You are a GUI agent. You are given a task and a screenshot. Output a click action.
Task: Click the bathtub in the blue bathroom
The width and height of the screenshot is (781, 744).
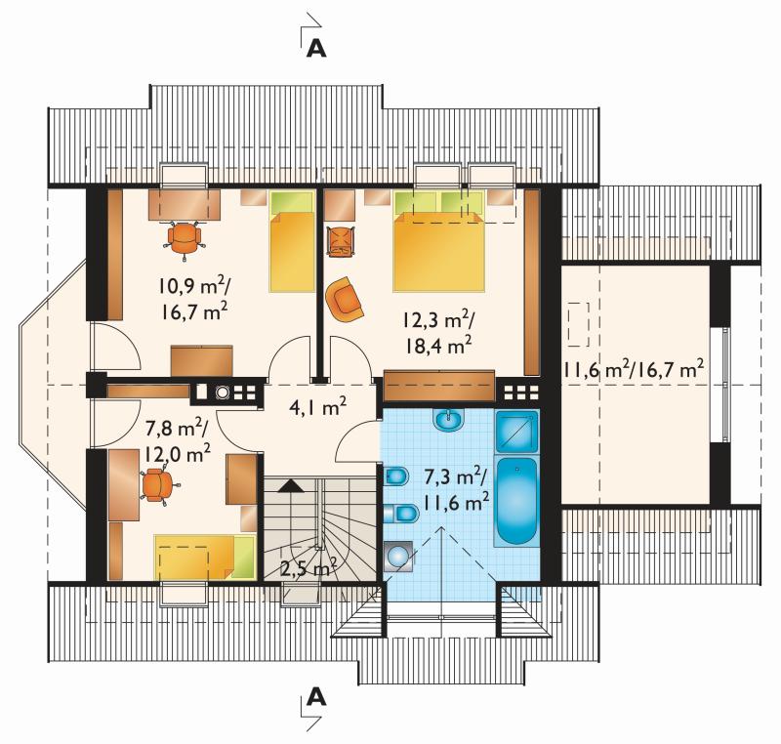click(x=517, y=501)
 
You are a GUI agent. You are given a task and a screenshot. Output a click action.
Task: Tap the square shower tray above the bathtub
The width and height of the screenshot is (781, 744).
click(x=516, y=432)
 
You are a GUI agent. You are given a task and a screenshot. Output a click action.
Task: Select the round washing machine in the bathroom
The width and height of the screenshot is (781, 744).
click(x=398, y=556)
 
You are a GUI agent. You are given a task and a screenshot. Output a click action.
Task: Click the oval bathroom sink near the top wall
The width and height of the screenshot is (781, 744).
click(x=449, y=420)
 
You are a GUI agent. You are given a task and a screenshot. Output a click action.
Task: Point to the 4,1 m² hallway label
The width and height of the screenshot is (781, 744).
click(x=318, y=408)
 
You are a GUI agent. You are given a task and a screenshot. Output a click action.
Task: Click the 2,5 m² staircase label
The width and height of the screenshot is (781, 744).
click(x=308, y=567)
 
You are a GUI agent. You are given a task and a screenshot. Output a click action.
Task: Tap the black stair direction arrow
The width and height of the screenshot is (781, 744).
click(x=291, y=485)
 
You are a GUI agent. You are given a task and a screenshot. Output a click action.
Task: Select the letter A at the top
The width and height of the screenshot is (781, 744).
click(x=316, y=48)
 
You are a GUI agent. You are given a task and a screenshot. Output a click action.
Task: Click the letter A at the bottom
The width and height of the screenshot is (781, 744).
click(x=316, y=697)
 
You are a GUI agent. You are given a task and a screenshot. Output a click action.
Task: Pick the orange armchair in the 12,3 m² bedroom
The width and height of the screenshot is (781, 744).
click(x=345, y=300)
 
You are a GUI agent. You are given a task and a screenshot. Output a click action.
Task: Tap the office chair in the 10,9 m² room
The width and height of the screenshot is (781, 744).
click(x=185, y=238)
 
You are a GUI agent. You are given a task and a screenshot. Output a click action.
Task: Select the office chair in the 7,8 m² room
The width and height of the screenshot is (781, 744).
click(x=158, y=484)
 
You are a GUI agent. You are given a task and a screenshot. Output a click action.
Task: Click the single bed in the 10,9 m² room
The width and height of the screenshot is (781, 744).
click(x=292, y=240)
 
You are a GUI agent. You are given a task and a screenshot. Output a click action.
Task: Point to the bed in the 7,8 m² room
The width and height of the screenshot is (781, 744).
click(x=205, y=557)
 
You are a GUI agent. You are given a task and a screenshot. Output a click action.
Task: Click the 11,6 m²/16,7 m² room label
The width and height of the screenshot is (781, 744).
click(x=633, y=370)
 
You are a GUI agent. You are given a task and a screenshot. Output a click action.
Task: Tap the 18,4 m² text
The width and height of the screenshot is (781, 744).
click(x=438, y=345)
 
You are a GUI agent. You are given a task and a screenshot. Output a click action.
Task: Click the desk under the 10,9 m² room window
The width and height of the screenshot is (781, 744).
click(x=185, y=204)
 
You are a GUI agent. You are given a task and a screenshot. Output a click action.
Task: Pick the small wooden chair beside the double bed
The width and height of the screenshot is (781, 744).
click(x=340, y=241)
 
